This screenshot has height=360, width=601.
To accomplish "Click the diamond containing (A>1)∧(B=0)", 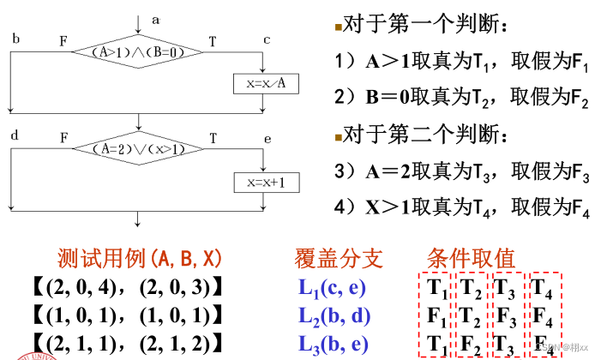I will tap(136, 51).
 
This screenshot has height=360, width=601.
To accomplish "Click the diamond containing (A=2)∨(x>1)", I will tap(136, 148).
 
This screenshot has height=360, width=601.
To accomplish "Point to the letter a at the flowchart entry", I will tap(156, 18).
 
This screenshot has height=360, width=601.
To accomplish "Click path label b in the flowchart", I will tap(16, 39).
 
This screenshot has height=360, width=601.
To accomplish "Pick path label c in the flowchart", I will tap(267, 39).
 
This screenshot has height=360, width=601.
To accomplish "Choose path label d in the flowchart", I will tap(15, 136).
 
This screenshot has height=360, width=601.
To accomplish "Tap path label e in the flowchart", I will tap(267, 137).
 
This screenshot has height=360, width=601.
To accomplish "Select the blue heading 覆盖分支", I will tap(339, 258).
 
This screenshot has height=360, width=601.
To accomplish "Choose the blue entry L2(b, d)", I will tap(335, 315).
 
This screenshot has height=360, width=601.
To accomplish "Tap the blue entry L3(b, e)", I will tap(335, 345).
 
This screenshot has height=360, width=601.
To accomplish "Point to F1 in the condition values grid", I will tap(436, 315).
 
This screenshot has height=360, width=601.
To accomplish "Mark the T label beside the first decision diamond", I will tap(213, 39).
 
